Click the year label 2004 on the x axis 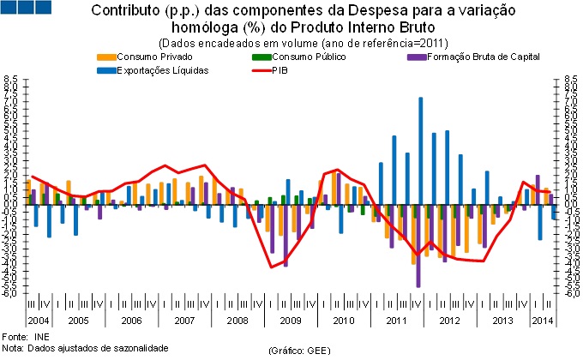(38, 321)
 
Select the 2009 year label (290, 321)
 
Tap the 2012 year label (448, 321)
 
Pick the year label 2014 (541, 321)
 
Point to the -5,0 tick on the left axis (11, 293)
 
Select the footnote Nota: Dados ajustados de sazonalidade (84, 348)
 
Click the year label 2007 (183, 321)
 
